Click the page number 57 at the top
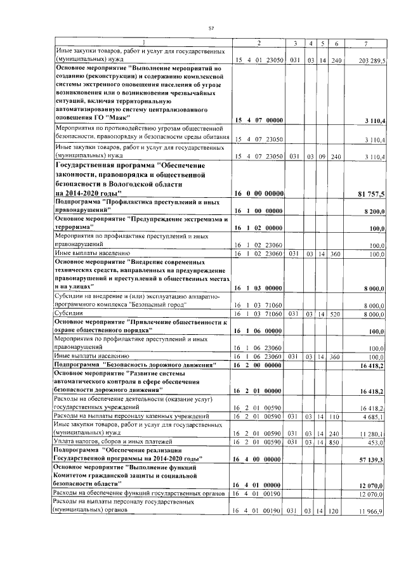(x=211, y=27)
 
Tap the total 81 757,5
(x=379, y=193)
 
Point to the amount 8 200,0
(x=381, y=209)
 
